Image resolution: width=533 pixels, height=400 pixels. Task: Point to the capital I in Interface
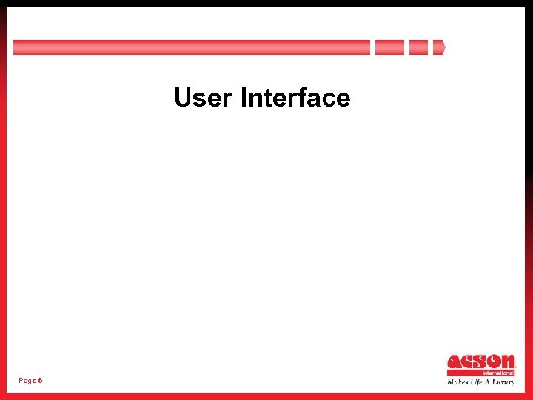(x=244, y=98)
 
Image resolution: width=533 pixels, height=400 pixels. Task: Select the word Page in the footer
(x=27, y=380)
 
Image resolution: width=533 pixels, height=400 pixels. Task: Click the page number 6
(x=40, y=380)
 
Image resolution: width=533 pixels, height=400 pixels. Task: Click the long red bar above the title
(x=191, y=47)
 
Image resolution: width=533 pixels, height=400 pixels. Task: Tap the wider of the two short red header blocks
(x=389, y=47)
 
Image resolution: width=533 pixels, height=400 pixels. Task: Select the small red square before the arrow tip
(x=418, y=47)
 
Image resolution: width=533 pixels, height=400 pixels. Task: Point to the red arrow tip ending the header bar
(x=439, y=47)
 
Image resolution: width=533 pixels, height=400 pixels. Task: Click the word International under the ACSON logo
(x=498, y=373)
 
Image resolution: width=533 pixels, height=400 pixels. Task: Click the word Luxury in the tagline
(x=504, y=382)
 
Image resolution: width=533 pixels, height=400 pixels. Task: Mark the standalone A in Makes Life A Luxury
(x=488, y=382)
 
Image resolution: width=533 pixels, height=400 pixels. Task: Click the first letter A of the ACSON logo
(x=454, y=362)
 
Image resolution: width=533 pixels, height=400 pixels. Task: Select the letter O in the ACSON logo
(x=494, y=362)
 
